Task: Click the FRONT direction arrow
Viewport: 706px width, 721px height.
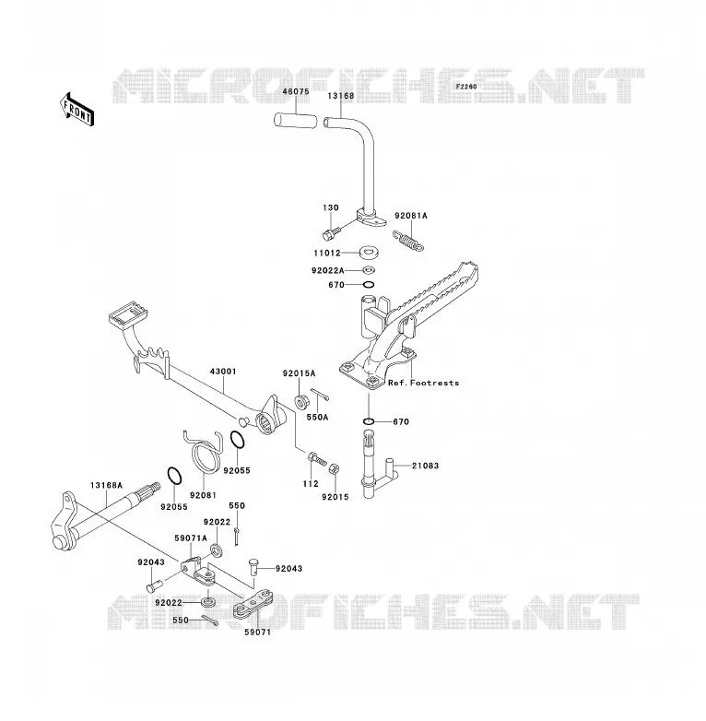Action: click(x=77, y=110)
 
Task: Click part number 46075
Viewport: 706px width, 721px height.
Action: click(x=296, y=91)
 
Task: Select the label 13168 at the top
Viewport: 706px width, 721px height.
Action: click(x=341, y=96)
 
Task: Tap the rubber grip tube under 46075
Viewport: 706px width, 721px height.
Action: click(x=296, y=121)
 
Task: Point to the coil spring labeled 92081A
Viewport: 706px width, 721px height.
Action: click(x=408, y=241)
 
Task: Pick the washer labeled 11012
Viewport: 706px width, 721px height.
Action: click(x=368, y=252)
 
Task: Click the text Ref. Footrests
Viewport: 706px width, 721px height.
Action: click(x=423, y=383)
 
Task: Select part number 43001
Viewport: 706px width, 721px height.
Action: click(x=223, y=371)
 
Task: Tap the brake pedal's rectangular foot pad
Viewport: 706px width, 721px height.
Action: click(x=128, y=313)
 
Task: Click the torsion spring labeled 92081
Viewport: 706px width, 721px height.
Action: click(x=204, y=452)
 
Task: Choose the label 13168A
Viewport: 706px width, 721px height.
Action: click(x=107, y=485)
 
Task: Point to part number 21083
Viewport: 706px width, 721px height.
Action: click(x=425, y=466)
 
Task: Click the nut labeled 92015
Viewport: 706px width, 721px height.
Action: click(x=335, y=470)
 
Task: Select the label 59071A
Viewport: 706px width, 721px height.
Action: click(x=191, y=538)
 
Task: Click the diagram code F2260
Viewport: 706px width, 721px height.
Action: click(x=466, y=87)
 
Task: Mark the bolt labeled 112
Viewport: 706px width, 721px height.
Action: click(x=317, y=458)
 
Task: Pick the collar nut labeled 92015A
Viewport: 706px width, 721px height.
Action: click(x=301, y=401)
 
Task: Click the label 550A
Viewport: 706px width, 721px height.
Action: click(x=318, y=418)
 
